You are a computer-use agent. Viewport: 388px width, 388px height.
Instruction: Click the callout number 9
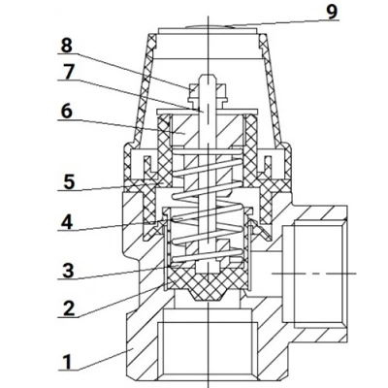(x=332, y=12)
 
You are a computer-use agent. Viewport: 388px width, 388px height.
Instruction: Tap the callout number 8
(x=66, y=46)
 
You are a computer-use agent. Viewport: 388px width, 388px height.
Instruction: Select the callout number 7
(x=68, y=72)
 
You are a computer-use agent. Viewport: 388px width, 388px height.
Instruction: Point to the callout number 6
(x=67, y=112)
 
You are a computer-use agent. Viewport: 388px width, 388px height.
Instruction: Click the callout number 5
(x=69, y=182)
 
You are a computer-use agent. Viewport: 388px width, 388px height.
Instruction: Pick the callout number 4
(x=67, y=222)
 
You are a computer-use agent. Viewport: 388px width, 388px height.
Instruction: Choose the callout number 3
(x=68, y=271)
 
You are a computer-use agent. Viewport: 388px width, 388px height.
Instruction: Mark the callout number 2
(x=69, y=308)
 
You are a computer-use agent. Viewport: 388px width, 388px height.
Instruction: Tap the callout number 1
(x=67, y=362)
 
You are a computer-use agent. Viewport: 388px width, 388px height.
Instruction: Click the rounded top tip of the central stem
(x=208, y=77)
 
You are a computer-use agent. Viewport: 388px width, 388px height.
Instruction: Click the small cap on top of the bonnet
(x=208, y=26)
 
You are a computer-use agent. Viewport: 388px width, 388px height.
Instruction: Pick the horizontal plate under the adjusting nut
(x=207, y=112)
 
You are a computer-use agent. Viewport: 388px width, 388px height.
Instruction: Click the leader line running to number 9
(x=282, y=23)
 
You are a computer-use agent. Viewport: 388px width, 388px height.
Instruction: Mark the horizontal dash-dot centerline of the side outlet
(x=313, y=274)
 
